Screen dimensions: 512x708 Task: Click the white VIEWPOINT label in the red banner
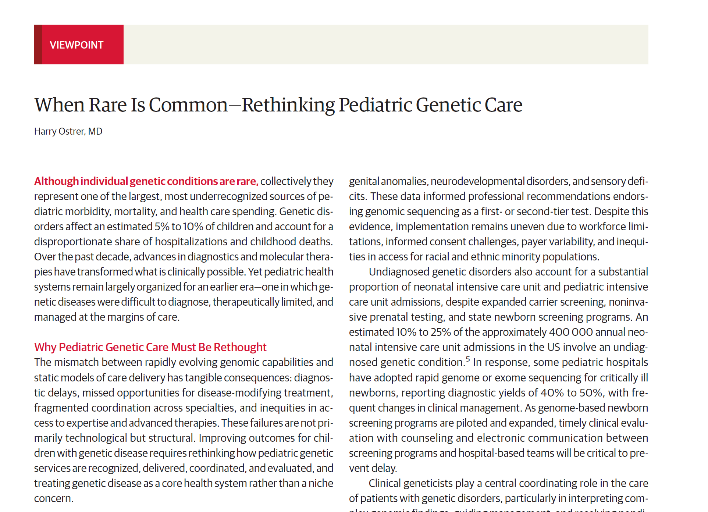coord(77,45)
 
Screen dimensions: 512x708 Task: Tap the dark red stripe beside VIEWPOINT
coord(38,45)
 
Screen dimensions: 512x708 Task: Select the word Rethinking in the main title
coord(288,105)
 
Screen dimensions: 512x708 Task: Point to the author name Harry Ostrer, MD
coord(68,131)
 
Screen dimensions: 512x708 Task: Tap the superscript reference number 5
coord(468,359)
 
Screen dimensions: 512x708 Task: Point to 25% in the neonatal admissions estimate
coord(441,332)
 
